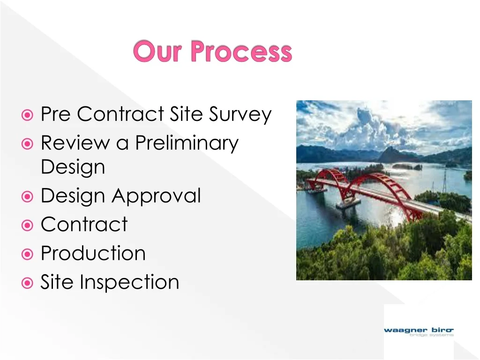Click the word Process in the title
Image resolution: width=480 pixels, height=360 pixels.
point(241,52)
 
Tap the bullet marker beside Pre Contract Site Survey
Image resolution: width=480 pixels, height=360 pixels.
point(28,114)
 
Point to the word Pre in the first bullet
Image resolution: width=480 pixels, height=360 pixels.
point(56,114)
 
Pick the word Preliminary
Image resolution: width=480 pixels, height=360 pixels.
point(187,142)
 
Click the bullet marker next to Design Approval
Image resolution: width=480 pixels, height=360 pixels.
point(28,196)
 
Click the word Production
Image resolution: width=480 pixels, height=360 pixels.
point(93,253)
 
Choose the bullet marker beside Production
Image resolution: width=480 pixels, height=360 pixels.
point(28,254)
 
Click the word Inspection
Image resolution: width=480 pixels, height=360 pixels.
point(129,282)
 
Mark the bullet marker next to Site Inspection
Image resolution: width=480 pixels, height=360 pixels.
point(28,283)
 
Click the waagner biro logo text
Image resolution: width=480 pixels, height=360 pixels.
point(419,330)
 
